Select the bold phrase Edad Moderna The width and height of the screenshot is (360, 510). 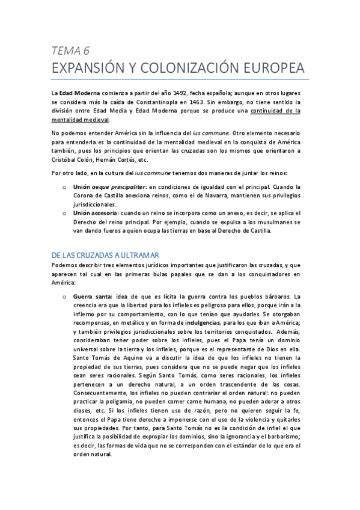[x=79, y=93]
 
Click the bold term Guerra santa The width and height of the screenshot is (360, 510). [x=92, y=296]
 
